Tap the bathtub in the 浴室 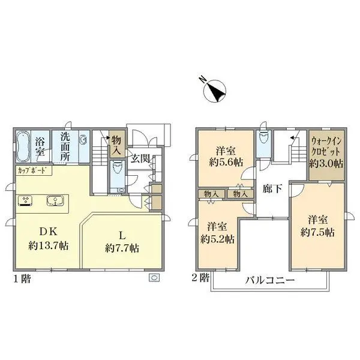[x=22, y=147]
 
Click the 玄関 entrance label [x=141, y=159]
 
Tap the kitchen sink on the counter [x=56, y=200]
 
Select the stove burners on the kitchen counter [x=26, y=200]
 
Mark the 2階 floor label [x=200, y=278]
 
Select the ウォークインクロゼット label [x=326, y=152]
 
